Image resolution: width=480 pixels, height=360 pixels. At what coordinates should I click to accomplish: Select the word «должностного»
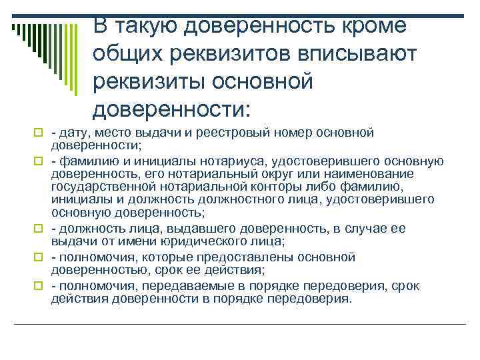coord(209,199)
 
